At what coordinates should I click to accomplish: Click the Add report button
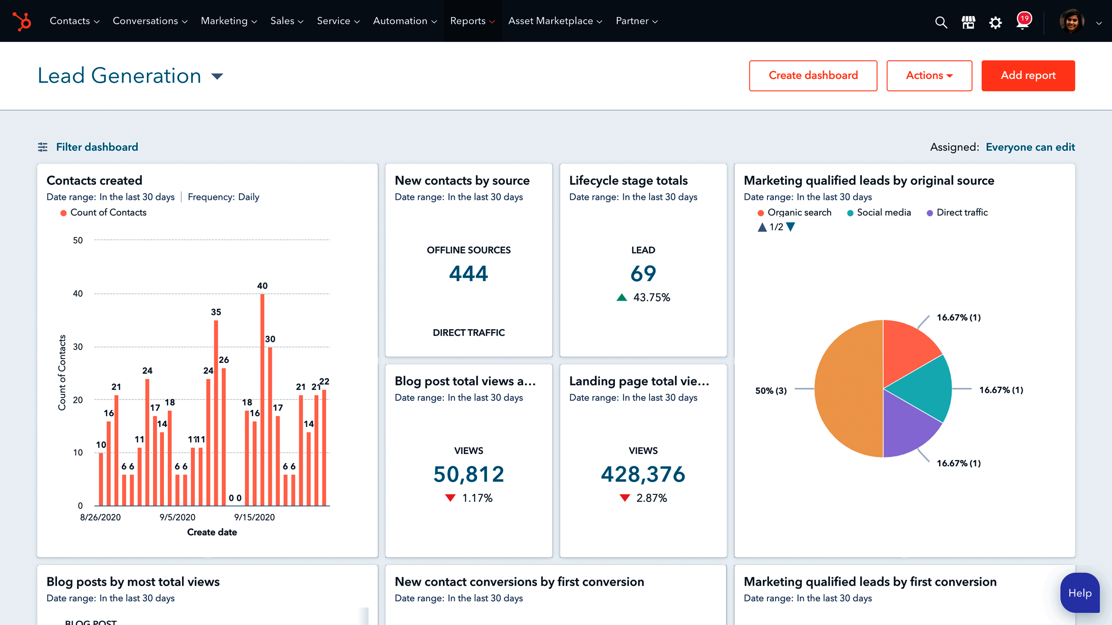(x=1027, y=76)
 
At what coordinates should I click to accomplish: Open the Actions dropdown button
(x=929, y=76)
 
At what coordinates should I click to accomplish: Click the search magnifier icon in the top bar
(x=940, y=22)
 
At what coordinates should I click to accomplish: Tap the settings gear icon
(x=995, y=22)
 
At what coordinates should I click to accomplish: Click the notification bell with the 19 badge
(x=1022, y=22)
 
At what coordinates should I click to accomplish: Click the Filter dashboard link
(x=96, y=147)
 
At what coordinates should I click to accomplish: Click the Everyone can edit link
(x=1030, y=147)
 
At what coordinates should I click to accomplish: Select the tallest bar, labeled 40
(x=262, y=399)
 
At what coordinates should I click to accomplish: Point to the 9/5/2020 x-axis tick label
(x=177, y=517)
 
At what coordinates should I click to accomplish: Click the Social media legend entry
(x=883, y=213)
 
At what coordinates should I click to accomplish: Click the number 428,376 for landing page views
(x=642, y=474)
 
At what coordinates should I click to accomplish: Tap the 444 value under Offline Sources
(x=468, y=274)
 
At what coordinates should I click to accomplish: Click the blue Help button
(x=1079, y=593)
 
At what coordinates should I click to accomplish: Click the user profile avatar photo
(x=1071, y=21)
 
